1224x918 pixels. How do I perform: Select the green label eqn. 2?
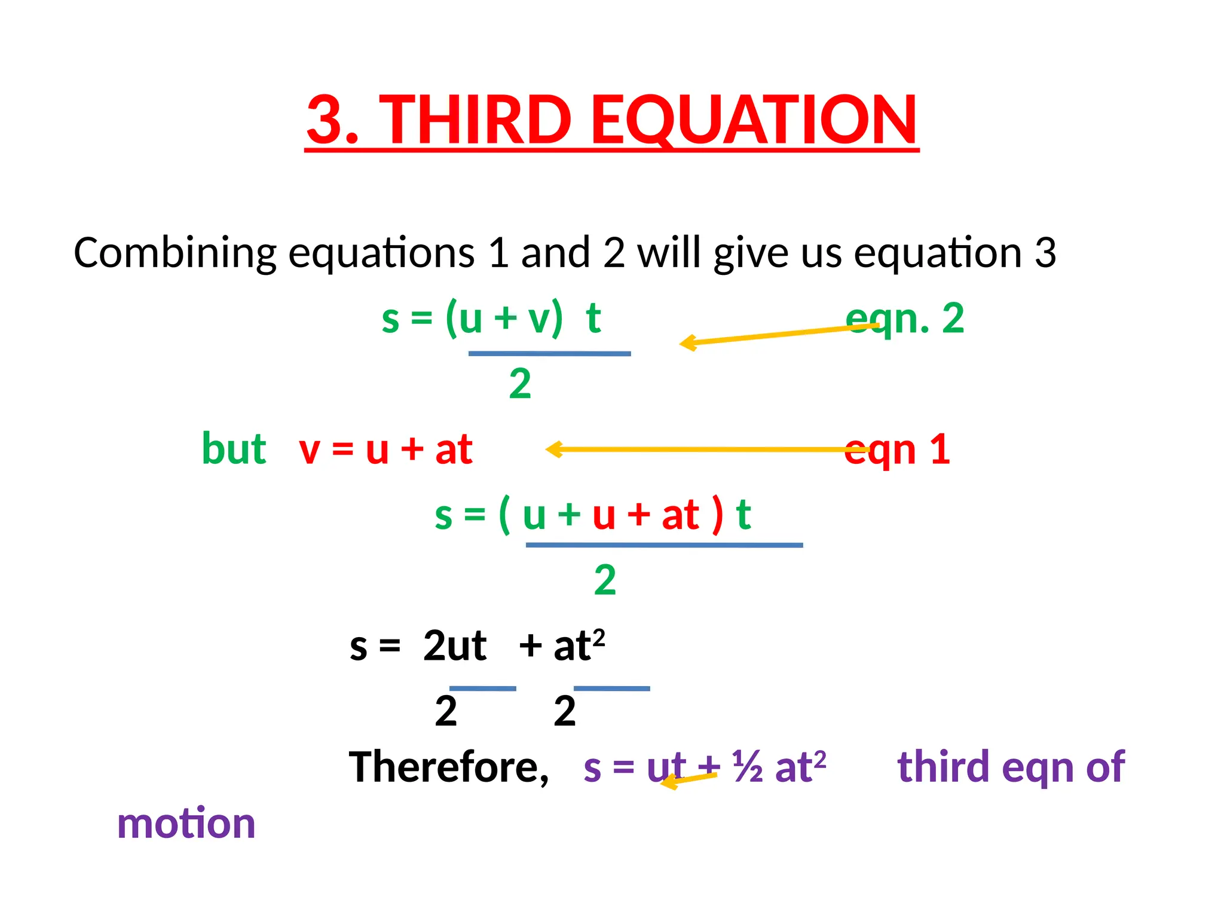pyautogui.click(x=905, y=318)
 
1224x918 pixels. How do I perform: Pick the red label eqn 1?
pyautogui.click(x=897, y=449)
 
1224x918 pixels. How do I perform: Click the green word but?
pyautogui.click(x=234, y=449)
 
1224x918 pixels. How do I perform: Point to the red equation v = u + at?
pyautogui.click(x=385, y=449)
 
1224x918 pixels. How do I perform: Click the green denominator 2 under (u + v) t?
pyautogui.click(x=520, y=384)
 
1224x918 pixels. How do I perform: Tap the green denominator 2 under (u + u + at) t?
pyautogui.click(x=605, y=580)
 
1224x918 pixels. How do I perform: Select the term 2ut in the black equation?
pyautogui.click(x=455, y=646)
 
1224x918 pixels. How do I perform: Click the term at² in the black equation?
pyautogui.click(x=579, y=645)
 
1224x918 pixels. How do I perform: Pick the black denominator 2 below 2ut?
pyautogui.click(x=446, y=711)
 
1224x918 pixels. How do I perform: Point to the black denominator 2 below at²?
pyautogui.click(x=565, y=711)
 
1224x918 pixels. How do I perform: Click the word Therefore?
pyautogui.click(x=448, y=767)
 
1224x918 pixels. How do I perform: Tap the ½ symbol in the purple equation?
pyautogui.click(x=748, y=767)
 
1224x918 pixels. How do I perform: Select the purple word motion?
pyautogui.click(x=186, y=824)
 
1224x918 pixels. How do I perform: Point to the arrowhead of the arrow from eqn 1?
pyautogui.click(x=552, y=449)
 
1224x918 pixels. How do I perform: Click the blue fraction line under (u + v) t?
pyautogui.click(x=549, y=354)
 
